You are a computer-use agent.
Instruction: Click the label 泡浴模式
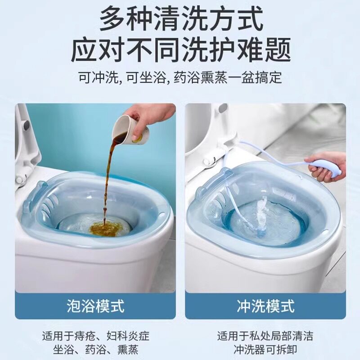[x=95, y=306]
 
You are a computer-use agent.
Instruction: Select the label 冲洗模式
[x=265, y=306]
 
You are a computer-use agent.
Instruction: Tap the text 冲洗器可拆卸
[x=265, y=349]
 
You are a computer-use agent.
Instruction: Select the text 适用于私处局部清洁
[x=265, y=336]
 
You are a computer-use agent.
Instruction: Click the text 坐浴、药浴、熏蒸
[x=95, y=349]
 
